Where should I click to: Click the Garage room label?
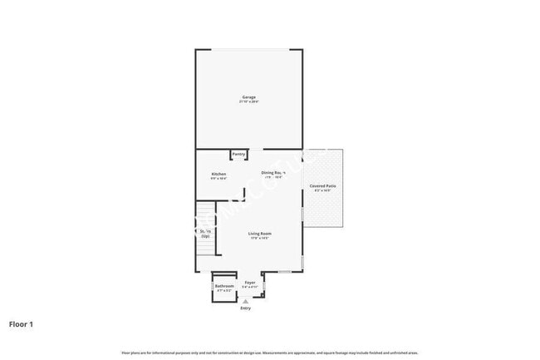pos(248,97)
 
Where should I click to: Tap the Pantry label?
pos(238,154)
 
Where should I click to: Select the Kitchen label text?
pos(218,174)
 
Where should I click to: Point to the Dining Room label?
pos(273,173)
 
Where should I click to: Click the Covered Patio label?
pos(322,185)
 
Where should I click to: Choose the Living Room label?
pos(260,234)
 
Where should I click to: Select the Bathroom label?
pos(224,286)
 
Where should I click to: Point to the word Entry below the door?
pos(245,308)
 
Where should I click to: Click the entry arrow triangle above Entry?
pos(245,301)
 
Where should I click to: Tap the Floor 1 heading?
pos(21,323)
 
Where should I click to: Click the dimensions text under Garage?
pos(248,102)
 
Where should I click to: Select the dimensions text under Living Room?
pos(260,239)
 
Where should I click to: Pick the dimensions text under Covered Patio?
pos(322,190)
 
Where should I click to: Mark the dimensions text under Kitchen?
pos(218,179)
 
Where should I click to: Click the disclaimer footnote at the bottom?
pos(270,352)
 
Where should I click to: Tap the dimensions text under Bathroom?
pos(224,290)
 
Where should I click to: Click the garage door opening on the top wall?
pos(248,50)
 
